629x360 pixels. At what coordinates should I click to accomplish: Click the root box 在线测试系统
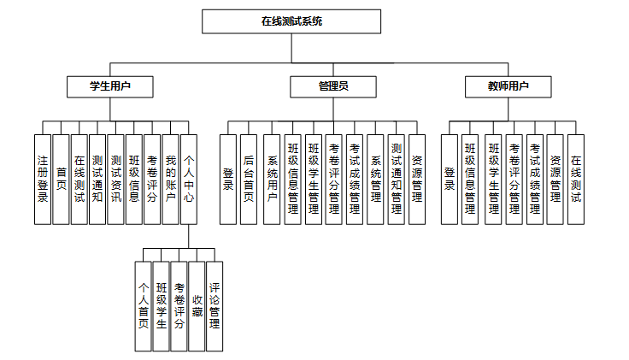(x=291, y=21)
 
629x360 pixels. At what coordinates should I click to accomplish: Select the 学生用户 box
(x=110, y=86)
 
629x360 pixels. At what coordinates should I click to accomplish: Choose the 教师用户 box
(x=508, y=86)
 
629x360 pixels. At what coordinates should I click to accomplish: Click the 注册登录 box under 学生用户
(x=43, y=179)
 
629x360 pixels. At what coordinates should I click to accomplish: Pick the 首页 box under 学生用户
(x=62, y=179)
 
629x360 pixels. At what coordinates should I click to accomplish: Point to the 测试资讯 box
(x=116, y=179)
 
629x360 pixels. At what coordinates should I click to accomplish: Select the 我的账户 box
(x=171, y=179)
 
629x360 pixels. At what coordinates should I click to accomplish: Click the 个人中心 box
(x=190, y=179)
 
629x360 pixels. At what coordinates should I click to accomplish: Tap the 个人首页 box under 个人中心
(x=144, y=305)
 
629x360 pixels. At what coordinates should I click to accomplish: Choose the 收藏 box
(x=197, y=305)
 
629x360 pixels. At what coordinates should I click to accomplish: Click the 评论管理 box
(x=215, y=305)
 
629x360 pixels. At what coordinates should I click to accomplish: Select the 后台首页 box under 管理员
(x=249, y=179)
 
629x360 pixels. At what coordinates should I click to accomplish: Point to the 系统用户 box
(x=272, y=179)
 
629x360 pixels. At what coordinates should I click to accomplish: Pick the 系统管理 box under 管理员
(x=375, y=179)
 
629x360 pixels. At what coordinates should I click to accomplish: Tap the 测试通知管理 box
(x=397, y=179)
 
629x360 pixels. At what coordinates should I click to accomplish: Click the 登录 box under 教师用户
(x=450, y=179)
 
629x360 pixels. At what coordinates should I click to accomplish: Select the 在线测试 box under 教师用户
(x=576, y=179)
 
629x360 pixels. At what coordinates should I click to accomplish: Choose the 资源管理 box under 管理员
(x=417, y=179)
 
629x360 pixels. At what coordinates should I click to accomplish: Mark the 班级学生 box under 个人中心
(x=162, y=305)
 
